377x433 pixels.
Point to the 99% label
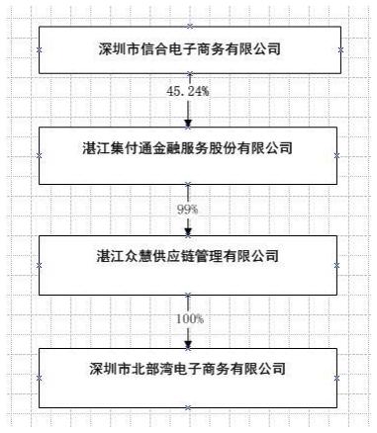[188, 210]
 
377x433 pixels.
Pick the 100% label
[188, 318]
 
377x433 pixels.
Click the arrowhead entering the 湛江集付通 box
[188, 122]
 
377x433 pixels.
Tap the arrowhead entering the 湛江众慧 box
[188, 230]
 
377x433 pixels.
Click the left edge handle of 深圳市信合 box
[39, 48]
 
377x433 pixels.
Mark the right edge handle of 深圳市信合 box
[339, 48]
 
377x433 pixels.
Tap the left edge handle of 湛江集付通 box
[39, 155]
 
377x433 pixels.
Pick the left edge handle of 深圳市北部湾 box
[39, 377]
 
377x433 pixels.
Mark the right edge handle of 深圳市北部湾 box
[339, 377]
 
